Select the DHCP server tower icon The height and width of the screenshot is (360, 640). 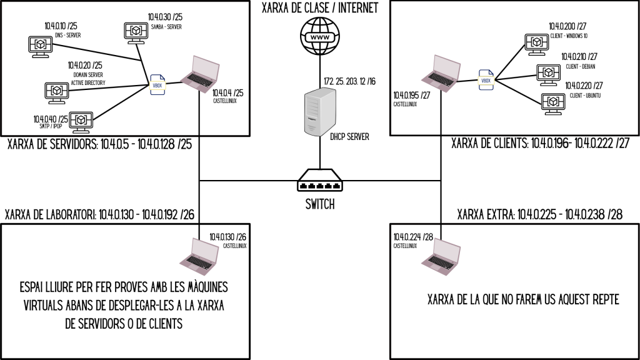tap(319, 112)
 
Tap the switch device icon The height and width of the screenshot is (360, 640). tap(319, 181)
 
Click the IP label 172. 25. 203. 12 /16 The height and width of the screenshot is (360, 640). tap(349, 82)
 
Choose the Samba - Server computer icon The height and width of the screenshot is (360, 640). tap(135, 31)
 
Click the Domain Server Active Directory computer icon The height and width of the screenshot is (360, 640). tap(57, 91)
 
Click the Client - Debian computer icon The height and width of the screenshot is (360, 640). tap(547, 72)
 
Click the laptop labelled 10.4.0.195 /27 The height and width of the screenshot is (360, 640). tap(439, 71)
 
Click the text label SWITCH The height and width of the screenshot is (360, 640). tap(319, 204)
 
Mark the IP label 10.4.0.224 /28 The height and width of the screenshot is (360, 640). tap(410, 237)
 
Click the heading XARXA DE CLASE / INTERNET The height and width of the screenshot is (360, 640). tap(319, 8)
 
